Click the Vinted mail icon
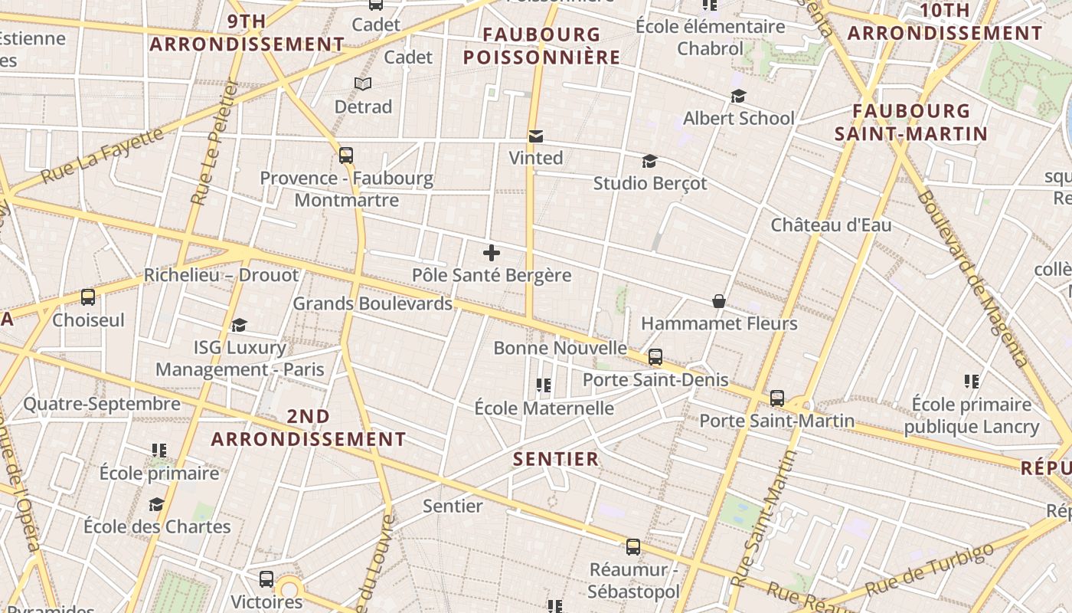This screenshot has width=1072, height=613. pos(536,136)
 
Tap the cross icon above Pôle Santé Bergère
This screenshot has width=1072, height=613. pos(492,253)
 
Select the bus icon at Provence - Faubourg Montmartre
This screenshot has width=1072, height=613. pos(346,156)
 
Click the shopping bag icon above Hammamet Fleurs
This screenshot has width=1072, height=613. pos(719,301)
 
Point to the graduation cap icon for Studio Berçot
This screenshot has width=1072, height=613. pos(649,161)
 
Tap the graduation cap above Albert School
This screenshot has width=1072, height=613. pos(738,96)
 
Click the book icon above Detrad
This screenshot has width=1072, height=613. pos(363,84)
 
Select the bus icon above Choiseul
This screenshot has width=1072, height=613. pos(88,297)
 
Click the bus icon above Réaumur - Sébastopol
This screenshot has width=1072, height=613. pos(633,547)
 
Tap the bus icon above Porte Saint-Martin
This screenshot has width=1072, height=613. pos(777,398)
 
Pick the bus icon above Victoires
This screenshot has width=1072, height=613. pos(266,579)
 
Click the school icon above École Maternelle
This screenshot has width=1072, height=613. pos(544,385)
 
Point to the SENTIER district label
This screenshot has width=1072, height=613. pos(556,459)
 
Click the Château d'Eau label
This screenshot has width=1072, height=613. pos(831,225)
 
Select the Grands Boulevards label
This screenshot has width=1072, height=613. pos(373,303)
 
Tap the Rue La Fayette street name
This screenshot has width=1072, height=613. pos(103,156)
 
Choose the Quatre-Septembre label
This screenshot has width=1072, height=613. pos(102,404)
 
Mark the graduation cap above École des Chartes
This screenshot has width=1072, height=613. pos(157,504)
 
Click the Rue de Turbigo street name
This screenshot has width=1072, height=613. pos(930,570)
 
